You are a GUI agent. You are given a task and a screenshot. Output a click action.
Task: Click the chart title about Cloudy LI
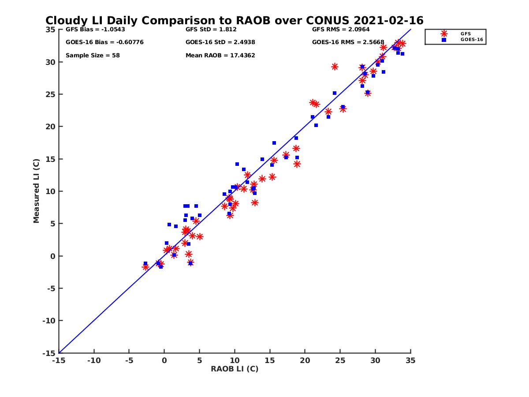[x=234, y=21]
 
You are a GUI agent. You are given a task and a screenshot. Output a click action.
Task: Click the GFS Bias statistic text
[x=95, y=30]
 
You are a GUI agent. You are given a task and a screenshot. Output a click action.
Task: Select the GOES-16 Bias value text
[x=104, y=42]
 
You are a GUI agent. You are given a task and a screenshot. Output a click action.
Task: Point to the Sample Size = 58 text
[x=93, y=56]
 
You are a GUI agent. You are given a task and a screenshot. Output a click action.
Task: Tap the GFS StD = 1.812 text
[x=211, y=30]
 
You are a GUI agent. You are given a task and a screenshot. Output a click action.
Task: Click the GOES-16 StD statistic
[x=220, y=42]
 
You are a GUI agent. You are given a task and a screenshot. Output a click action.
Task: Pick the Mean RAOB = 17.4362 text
[x=220, y=56]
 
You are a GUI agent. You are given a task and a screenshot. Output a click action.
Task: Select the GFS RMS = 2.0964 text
[x=341, y=30]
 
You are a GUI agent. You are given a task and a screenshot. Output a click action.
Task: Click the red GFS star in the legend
[x=444, y=34]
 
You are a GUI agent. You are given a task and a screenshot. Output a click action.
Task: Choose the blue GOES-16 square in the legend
[x=444, y=40]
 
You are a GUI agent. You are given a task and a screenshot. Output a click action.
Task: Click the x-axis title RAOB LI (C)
[x=235, y=369]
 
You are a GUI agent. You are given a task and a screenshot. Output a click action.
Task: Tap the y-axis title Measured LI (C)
[x=36, y=191]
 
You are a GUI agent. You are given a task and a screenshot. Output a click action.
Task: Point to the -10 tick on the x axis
[x=93, y=360]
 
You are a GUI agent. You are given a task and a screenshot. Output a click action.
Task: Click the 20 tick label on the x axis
[x=305, y=360]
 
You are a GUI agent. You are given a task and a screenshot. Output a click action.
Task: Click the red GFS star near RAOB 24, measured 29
[x=335, y=67]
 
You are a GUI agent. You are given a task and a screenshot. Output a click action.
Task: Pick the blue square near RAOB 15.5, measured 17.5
[x=274, y=143]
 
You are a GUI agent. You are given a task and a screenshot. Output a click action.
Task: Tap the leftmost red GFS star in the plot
[x=145, y=267]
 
